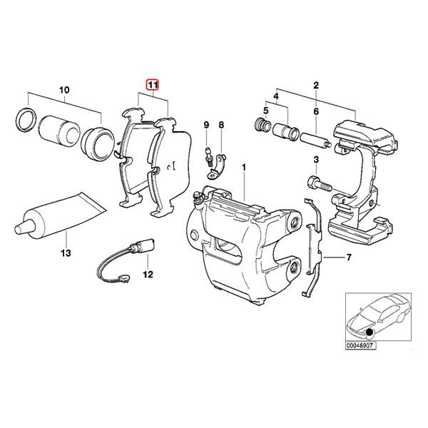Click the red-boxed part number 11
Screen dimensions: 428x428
(x=151, y=85)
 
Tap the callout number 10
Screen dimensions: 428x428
(x=64, y=91)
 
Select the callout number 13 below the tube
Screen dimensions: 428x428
(x=66, y=253)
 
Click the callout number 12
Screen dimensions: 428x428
(x=148, y=274)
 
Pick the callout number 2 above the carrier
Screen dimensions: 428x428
(x=314, y=85)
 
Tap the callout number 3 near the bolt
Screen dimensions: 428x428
(x=315, y=159)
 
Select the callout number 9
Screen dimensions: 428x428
(x=206, y=126)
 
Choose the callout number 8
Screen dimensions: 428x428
(x=221, y=126)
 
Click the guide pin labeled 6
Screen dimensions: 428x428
(x=313, y=138)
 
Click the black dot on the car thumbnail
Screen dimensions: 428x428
(x=370, y=332)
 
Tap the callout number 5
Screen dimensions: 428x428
(x=265, y=111)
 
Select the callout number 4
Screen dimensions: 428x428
(x=276, y=96)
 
